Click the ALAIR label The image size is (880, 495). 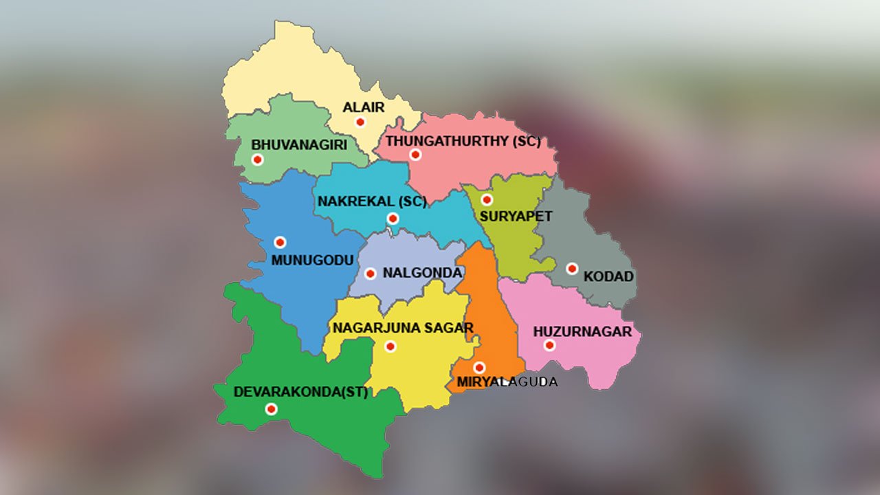[x=364, y=107]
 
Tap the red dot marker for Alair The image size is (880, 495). [x=360, y=122]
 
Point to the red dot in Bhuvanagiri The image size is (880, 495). [x=258, y=159]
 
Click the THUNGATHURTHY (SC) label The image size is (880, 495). [x=463, y=142]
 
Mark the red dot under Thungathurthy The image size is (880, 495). [x=415, y=155]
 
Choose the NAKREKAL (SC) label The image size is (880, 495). [x=372, y=201]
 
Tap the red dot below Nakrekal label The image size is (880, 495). [x=393, y=219]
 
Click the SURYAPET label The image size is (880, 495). [x=516, y=216]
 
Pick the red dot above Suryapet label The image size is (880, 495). [x=487, y=200]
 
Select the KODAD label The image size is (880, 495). [x=608, y=276]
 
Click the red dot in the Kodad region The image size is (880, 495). [x=572, y=269]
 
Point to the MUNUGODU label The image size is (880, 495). [x=307, y=260]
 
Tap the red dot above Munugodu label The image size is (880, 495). [x=280, y=242]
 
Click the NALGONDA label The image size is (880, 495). [x=422, y=273]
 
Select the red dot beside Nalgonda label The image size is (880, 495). [x=370, y=274]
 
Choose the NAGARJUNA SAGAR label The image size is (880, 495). [x=403, y=328]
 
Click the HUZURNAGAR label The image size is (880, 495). [x=582, y=332]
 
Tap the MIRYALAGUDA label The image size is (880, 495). [x=505, y=382]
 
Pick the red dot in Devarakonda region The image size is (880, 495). [x=272, y=409]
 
